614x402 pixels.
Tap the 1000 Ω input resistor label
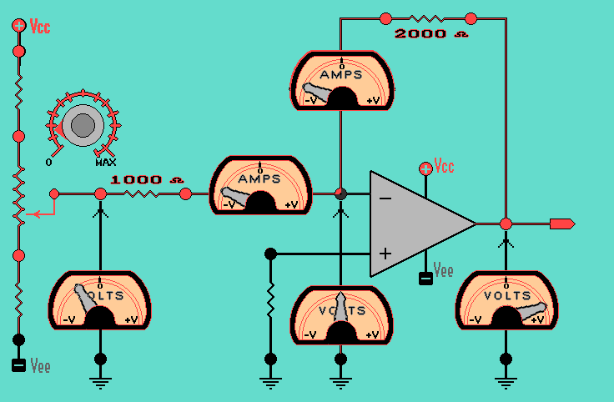(147, 179)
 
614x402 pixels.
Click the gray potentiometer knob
(83, 126)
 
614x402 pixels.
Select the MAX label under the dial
(105, 161)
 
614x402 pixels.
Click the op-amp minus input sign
(385, 198)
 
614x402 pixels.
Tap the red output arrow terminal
(561, 224)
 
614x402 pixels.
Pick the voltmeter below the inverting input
(340, 314)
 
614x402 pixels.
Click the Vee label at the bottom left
(40, 365)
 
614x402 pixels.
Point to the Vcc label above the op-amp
(445, 168)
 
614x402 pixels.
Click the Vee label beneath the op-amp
(445, 271)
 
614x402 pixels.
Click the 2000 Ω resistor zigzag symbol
(427, 17)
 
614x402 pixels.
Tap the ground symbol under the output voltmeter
(505, 381)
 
